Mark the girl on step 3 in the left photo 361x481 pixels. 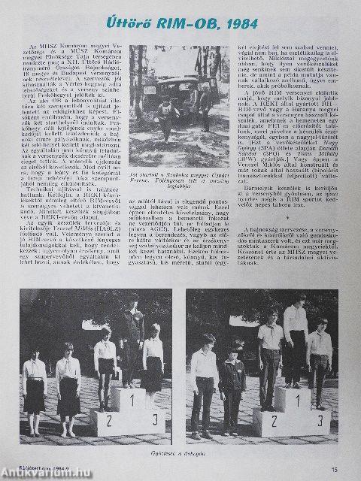pos(153,368)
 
